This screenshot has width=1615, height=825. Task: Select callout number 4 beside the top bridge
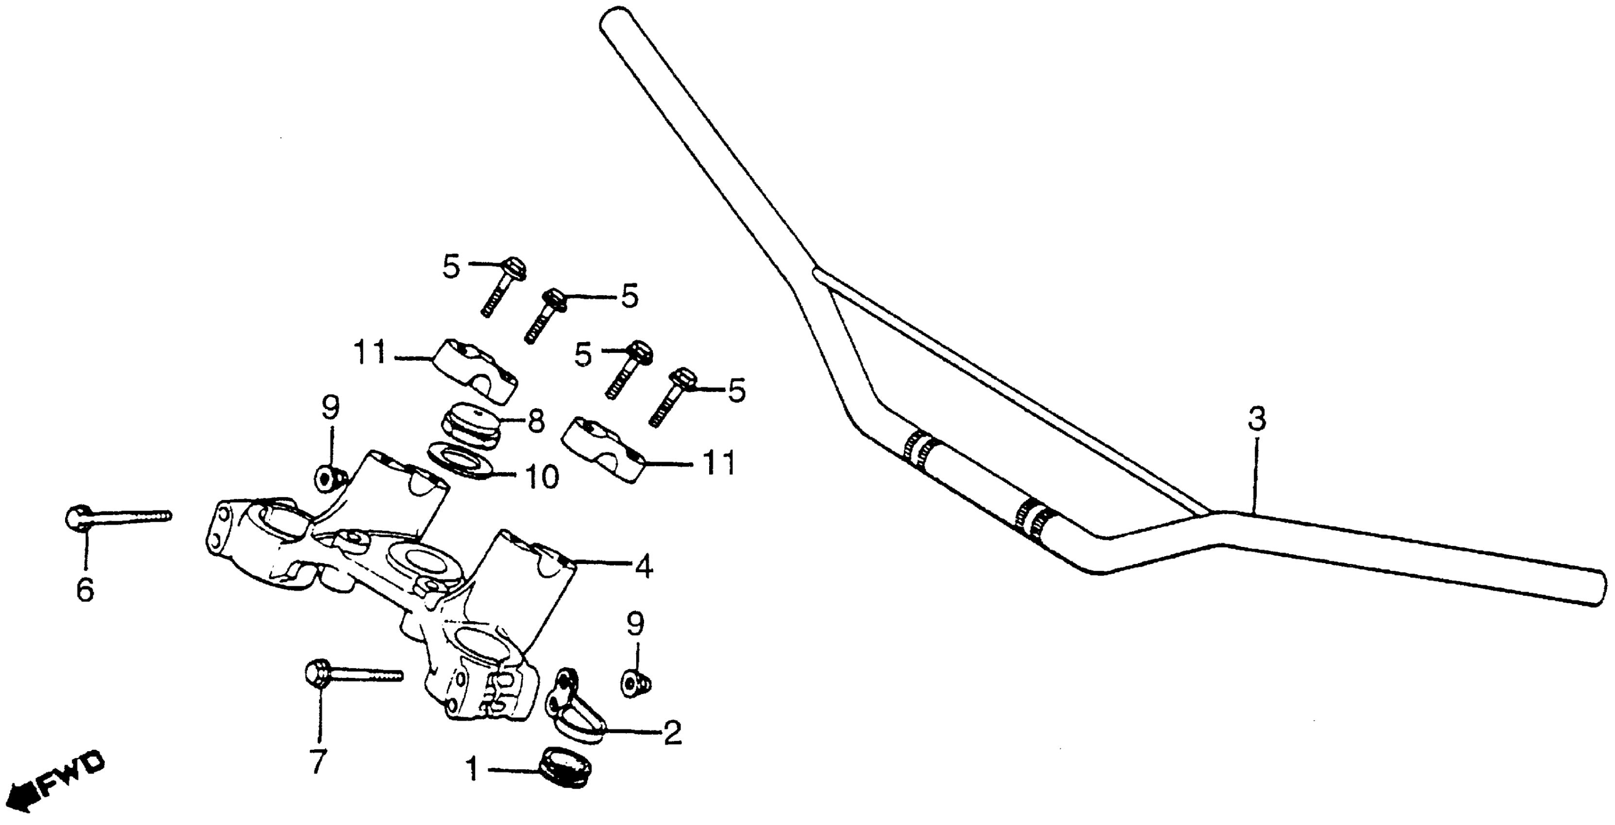(x=643, y=566)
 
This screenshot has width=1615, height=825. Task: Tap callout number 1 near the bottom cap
(x=474, y=769)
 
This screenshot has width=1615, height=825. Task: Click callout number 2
(x=672, y=733)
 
